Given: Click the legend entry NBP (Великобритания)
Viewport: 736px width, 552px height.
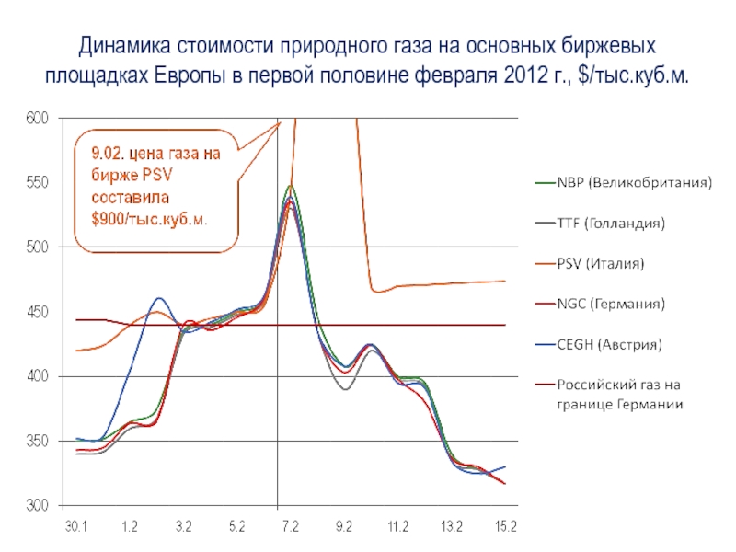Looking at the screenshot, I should click(x=632, y=182).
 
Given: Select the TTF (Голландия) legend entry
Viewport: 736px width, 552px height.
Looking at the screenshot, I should click(x=610, y=223).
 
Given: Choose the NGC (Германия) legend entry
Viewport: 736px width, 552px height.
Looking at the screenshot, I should click(x=610, y=303).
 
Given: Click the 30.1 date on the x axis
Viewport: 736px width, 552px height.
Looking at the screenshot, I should click(x=75, y=526).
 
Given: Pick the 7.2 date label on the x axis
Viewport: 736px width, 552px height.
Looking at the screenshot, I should click(x=291, y=526).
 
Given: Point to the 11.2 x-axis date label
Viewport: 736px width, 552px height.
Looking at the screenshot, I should click(x=398, y=526).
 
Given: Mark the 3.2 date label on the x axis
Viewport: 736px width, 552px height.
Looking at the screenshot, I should click(x=183, y=526).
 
